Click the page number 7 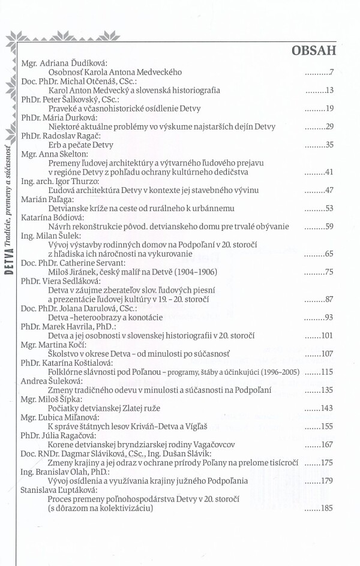(x=331, y=73)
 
